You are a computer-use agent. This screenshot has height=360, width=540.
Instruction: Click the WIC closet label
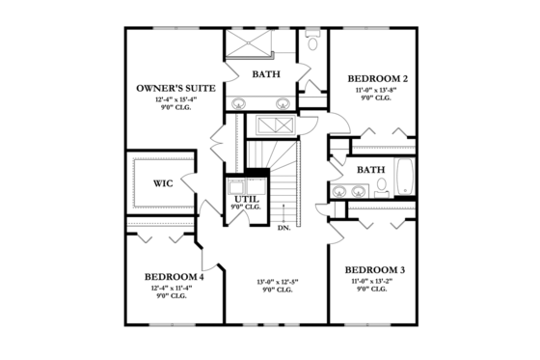pyautogui.click(x=163, y=182)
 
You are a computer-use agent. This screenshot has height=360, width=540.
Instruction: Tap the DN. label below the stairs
pyautogui.click(x=284, y=229)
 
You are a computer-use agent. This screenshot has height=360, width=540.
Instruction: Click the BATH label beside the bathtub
pyautogui.click(x=371, y=170)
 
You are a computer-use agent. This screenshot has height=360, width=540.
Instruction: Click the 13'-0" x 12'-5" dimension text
pyautogui.click(x=278, y=282)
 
